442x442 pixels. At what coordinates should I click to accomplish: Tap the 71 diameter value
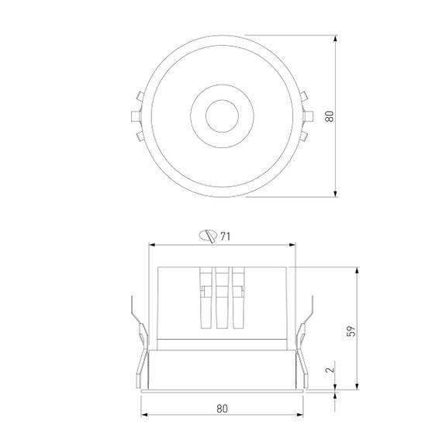[225, 237]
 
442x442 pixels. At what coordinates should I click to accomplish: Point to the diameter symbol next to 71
[208, 237]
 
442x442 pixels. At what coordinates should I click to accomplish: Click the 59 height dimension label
[350, 330]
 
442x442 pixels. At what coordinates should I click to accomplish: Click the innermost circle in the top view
[223, 118]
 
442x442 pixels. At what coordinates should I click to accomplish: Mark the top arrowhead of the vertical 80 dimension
[337, 37]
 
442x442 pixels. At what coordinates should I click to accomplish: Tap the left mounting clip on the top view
[136, 117]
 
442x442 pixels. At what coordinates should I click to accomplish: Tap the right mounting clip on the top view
[308, 117]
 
